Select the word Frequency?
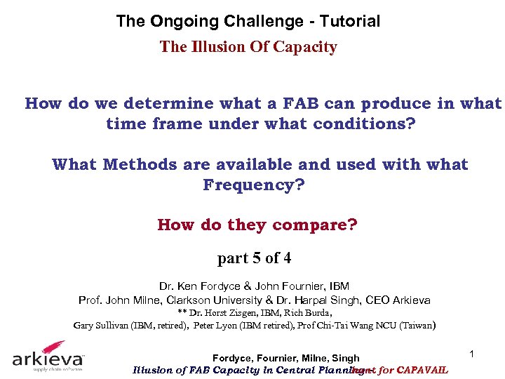point(254,185)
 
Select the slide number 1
point(473,355)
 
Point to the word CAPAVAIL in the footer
point(422,371)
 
